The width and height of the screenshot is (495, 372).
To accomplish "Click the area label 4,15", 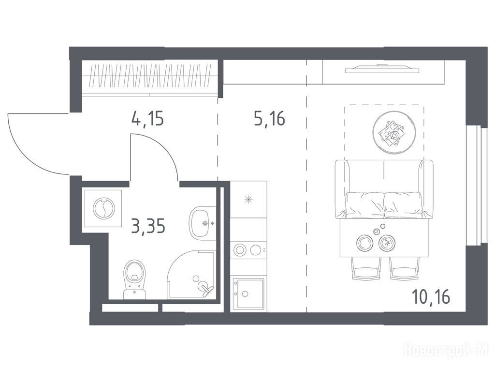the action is [147, 119].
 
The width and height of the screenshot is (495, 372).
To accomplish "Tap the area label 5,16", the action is [270, 119].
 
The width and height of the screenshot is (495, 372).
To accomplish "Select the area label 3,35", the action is [148, 226].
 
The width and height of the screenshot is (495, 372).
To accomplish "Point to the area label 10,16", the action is [431, 297].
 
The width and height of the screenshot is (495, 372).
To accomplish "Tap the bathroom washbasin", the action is [203, 223].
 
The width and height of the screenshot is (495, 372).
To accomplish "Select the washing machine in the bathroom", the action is [103, 208].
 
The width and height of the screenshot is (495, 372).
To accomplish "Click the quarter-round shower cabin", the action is [191, 274].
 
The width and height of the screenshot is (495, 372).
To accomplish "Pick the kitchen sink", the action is [248, 294].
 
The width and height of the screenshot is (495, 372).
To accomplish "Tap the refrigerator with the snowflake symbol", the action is [248, 199].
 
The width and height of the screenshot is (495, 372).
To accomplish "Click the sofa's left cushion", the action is [364, 205].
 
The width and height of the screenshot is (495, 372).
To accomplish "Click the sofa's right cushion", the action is [403, 205].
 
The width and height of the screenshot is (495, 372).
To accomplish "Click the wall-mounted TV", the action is [382, 69].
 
